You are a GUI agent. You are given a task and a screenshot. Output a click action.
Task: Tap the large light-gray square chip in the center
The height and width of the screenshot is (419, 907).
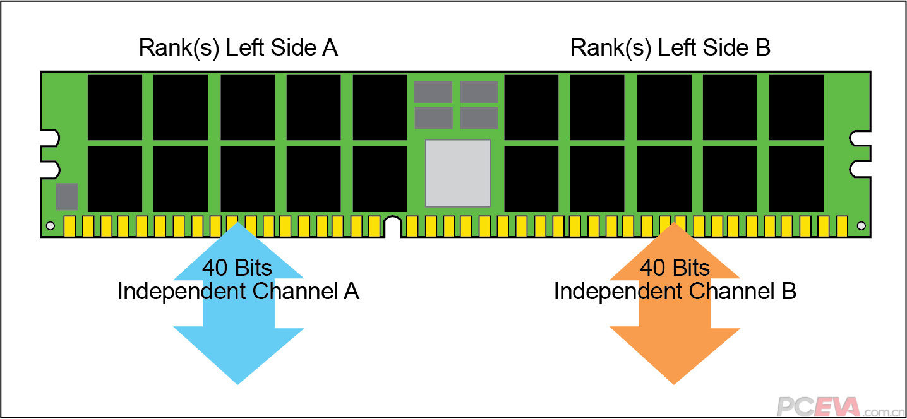pyautogui.click(x=458, y=173)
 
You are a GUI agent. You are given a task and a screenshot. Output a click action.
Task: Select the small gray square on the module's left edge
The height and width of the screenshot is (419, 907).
pyautogui.click(x=67, y=196)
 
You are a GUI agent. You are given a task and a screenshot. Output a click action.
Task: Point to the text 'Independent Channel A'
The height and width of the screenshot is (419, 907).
pyautogui.click(x=238, y=292)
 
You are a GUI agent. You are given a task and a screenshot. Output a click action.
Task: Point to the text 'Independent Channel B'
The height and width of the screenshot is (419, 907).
pyautogui.click(x=675, y=292)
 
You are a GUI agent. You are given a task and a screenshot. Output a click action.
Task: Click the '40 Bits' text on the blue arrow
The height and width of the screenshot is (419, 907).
pyautogui.click(x=237, y=268)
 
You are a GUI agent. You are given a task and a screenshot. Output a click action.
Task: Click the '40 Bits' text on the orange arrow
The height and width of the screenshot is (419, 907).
pyautogui.click(x=675, y=268)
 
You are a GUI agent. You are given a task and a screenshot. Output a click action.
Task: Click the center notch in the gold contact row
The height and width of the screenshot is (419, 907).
pyautogui.click(x=392, y=227)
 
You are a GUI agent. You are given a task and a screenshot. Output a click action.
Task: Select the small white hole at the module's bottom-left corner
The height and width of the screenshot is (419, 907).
pyautogui.click(x=51, y=225)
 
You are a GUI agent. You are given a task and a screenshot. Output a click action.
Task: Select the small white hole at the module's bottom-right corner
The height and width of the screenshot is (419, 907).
pyautogui.click(x=860, y=225)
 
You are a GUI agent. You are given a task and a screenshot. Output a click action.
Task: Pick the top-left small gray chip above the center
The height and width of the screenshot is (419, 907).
pyautogui.click(x=433, y=92)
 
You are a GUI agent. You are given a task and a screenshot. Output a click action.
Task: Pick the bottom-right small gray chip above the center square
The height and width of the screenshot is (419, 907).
pyautogui.click(x=479, y=118)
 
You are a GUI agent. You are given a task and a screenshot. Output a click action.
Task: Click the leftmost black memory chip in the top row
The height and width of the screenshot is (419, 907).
pyautogui.click(x=115, y=107)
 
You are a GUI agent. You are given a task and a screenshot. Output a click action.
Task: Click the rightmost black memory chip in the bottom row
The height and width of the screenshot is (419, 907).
pyautogui.click(x=796, y=179)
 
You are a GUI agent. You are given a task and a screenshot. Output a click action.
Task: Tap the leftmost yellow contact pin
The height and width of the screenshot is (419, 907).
pyautogui.click(x=69, y=226)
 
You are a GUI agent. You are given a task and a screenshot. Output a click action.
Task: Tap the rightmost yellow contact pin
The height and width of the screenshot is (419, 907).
pyautogui.click(x=841, y=226)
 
